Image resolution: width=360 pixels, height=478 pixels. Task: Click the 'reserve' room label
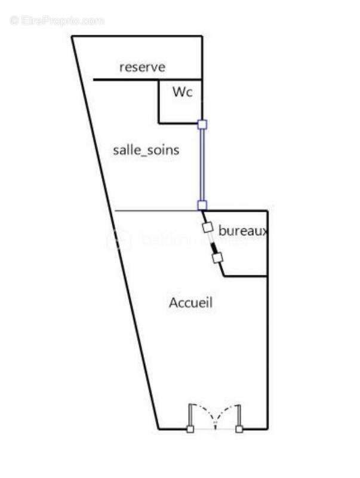[141, 67]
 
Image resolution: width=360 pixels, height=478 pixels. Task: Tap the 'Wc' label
[182, 93]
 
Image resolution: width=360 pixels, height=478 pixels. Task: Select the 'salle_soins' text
[146, 150]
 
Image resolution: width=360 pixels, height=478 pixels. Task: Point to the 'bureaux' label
[242, 230]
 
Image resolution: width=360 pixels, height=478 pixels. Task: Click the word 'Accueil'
[190, 303]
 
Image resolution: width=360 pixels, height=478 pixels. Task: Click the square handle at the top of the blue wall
[202, 124]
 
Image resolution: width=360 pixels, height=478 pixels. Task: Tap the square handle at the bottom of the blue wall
[202, 205]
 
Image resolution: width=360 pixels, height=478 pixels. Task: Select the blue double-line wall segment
[202, 165]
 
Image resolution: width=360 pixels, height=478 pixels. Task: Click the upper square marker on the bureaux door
[208, 228]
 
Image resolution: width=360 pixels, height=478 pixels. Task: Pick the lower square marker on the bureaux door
[217, 258]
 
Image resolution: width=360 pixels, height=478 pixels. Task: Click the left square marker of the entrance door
[190, 429]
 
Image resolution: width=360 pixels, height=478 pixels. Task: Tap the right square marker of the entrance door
[239, 429]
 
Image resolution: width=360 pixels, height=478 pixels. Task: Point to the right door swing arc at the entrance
[227, 411]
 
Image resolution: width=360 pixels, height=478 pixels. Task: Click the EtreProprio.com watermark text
[57, 20]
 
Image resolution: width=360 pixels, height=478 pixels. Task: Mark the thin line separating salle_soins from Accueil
[155, 210]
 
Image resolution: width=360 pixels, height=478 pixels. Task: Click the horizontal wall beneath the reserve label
[125, 79]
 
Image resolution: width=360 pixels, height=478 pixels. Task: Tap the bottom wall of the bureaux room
[245, 276]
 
